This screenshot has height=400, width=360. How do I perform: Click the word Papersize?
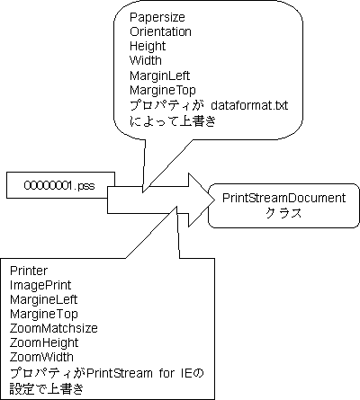(157, 17)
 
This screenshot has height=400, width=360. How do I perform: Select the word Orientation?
(160, 31)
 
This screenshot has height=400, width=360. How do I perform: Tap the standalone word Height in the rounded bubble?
(148, 47)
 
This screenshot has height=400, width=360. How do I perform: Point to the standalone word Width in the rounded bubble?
(146, 60)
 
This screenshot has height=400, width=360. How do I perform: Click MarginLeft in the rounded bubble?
(160, 76)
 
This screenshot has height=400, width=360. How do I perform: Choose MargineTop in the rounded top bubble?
(163, 90)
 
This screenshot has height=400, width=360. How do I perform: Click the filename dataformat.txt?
(249, 105)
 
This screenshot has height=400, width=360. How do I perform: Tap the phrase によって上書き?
(173, 121)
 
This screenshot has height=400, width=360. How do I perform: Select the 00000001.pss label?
(59, 186)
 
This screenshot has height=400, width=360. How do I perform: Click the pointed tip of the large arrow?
(215, 200)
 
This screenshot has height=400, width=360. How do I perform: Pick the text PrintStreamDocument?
(284, 198)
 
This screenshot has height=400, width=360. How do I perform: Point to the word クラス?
(283, 213)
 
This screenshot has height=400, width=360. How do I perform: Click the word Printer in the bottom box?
(29, 271)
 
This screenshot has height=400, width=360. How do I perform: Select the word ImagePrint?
(40, 285)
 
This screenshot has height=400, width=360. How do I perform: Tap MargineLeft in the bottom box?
(44, 299)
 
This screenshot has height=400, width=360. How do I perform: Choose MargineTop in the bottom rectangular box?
(44, 314)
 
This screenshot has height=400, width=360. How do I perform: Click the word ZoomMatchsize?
(54, 328)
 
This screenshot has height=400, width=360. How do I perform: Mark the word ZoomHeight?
(44, 342)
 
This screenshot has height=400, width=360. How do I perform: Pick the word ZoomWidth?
(41, 357)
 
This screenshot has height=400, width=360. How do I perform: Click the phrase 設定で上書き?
(46, 388)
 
